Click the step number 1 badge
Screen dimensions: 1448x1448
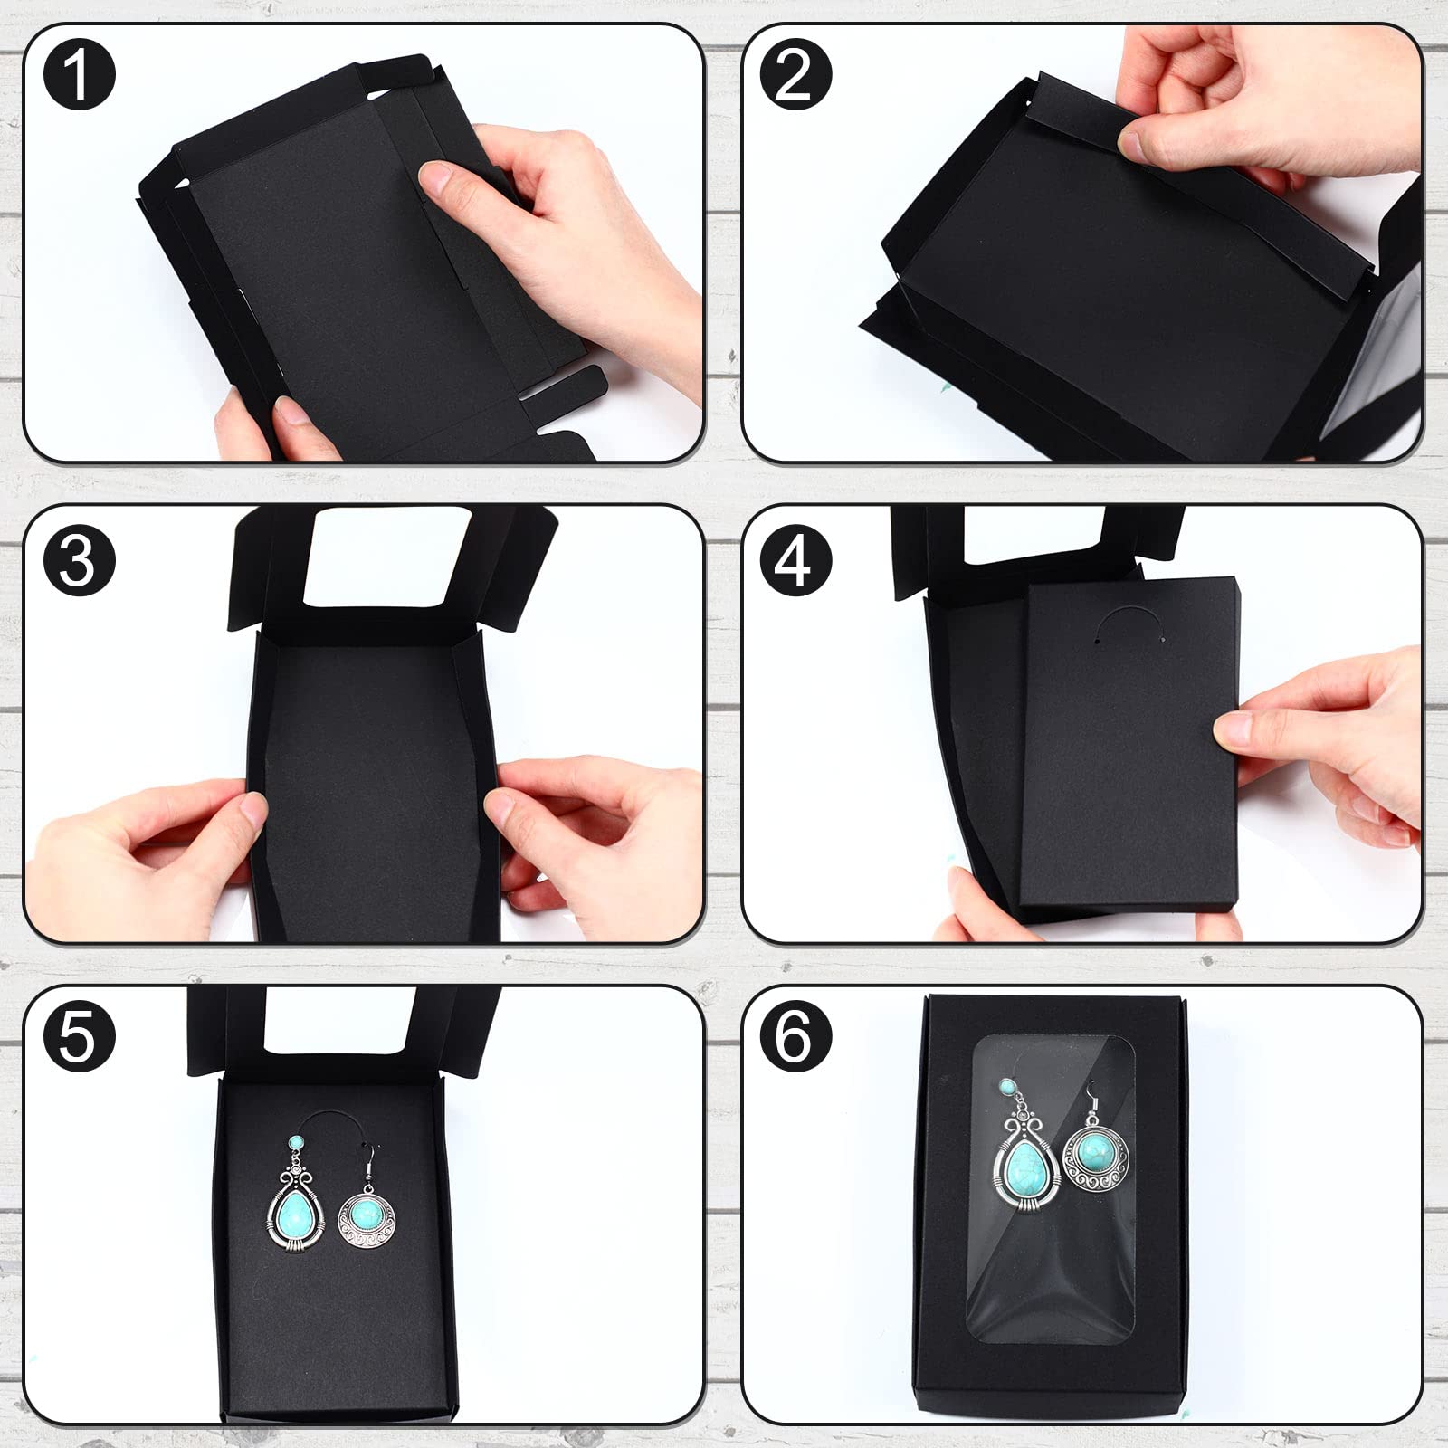point(80,76)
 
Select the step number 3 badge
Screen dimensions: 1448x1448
point(80,560)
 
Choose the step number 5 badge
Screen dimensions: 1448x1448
point(80,1034)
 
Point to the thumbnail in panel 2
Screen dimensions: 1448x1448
point(1135,143)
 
